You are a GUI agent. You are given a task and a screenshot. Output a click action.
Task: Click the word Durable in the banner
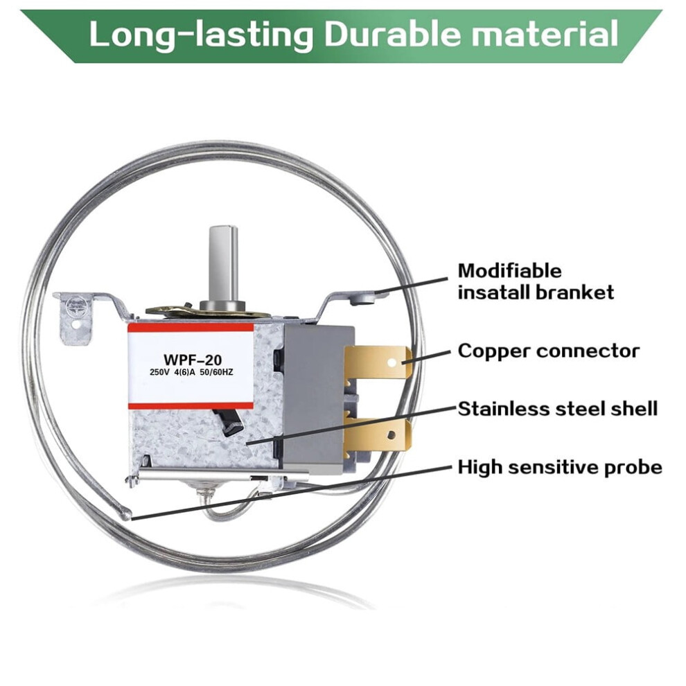click(392, 34)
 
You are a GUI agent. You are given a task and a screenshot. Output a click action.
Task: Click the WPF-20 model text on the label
click(193, 360)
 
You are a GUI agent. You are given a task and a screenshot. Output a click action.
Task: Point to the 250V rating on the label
click(159, 373)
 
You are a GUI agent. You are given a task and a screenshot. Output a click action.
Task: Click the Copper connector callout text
click(549, 351)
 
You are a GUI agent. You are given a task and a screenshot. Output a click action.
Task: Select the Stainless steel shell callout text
click(558, 409)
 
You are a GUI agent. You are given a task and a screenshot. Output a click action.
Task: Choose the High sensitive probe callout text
click(560, 467)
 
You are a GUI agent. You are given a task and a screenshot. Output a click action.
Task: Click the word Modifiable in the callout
click(510, 271)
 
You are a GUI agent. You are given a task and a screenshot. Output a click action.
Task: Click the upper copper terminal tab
click(378, 362)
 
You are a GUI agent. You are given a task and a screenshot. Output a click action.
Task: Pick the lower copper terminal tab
click(378, 434)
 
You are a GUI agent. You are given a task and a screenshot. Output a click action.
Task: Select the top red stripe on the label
click(191, 328)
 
